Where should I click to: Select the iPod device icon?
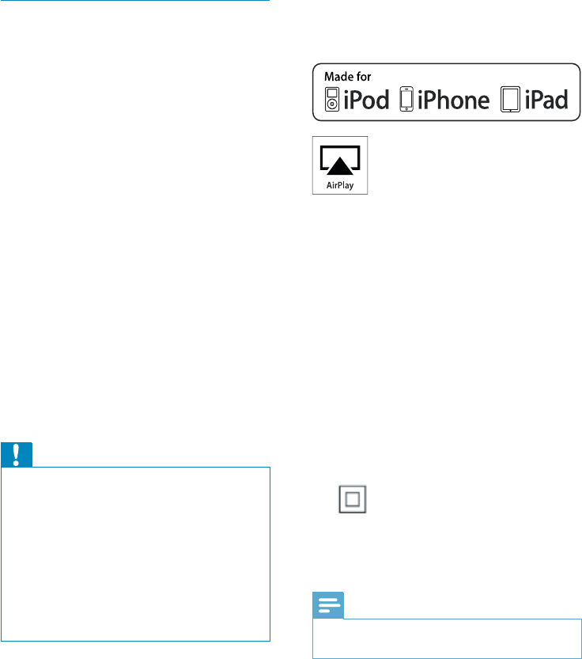332,99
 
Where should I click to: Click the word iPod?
367,99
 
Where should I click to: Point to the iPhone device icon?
406,99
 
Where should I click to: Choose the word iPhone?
453,99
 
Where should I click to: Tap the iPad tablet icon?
511,99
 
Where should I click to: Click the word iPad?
547,99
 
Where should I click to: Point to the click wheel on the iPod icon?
332,105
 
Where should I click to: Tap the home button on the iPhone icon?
406,109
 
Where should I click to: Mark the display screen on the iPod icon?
332,93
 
